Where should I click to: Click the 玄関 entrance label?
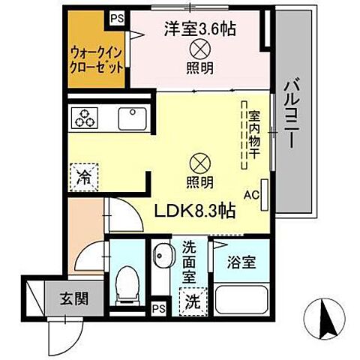tap(74, 298)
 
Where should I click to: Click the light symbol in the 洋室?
tap(200, 49)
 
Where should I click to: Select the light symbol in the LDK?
tap(199, 161)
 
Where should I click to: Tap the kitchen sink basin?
tap(132, 117)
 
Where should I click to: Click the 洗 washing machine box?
tap(193, 303)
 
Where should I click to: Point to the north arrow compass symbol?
tap(327, 319)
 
